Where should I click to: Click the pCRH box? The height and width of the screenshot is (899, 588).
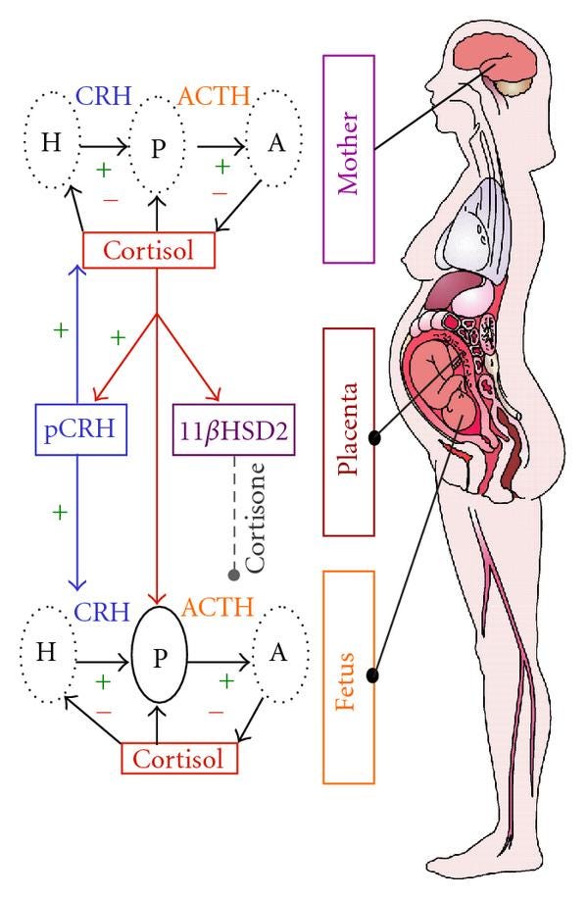[x=80, y=429]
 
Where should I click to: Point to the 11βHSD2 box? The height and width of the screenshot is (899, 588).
[x=234, y=429]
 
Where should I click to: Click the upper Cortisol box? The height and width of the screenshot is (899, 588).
[x=149, y=250]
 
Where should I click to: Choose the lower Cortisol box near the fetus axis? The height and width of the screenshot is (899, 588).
[x=179, y=759]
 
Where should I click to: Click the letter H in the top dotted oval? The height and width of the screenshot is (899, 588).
[x=51, y=141]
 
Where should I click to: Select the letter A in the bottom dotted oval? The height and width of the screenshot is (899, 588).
[x=278, y=652]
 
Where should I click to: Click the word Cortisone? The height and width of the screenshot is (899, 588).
[x=255, y=518]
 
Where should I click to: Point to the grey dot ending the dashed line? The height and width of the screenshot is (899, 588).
[x=233, y=575]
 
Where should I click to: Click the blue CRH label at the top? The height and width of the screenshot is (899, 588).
[x=104, y=96]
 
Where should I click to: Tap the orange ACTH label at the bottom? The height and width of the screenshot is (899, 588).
[x=218, y=607]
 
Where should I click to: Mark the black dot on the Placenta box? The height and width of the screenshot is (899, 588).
[x=374, y=438]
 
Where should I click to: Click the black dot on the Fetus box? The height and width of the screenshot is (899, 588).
[x=373, y=675]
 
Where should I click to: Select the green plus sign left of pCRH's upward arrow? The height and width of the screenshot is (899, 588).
[x=60, y=329]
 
